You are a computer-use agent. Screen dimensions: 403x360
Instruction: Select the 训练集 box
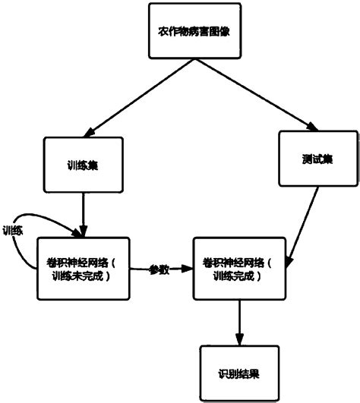point(83,164)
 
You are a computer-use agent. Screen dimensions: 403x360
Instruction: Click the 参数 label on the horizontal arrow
point(159,269)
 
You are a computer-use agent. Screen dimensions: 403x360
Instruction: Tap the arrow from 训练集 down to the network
point(83,213)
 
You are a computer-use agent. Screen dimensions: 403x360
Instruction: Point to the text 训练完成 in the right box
point(238,275)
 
